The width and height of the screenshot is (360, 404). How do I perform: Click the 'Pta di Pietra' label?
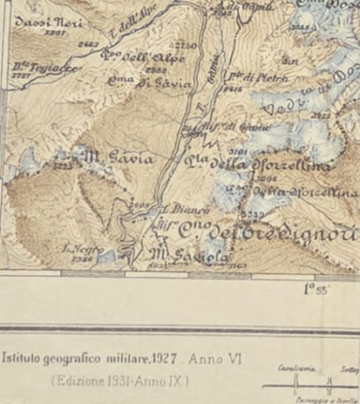point(244,78)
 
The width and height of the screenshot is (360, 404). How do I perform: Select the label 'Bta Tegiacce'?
point(39,68)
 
